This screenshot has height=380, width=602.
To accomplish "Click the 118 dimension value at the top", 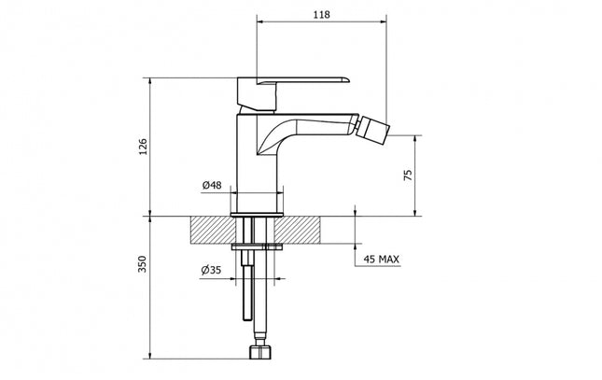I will point(322,15).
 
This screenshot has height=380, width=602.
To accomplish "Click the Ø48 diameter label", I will point(211,185).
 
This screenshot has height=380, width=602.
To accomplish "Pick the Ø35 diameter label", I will point(211,271).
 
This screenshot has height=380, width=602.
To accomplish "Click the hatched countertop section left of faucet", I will point(211,229).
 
